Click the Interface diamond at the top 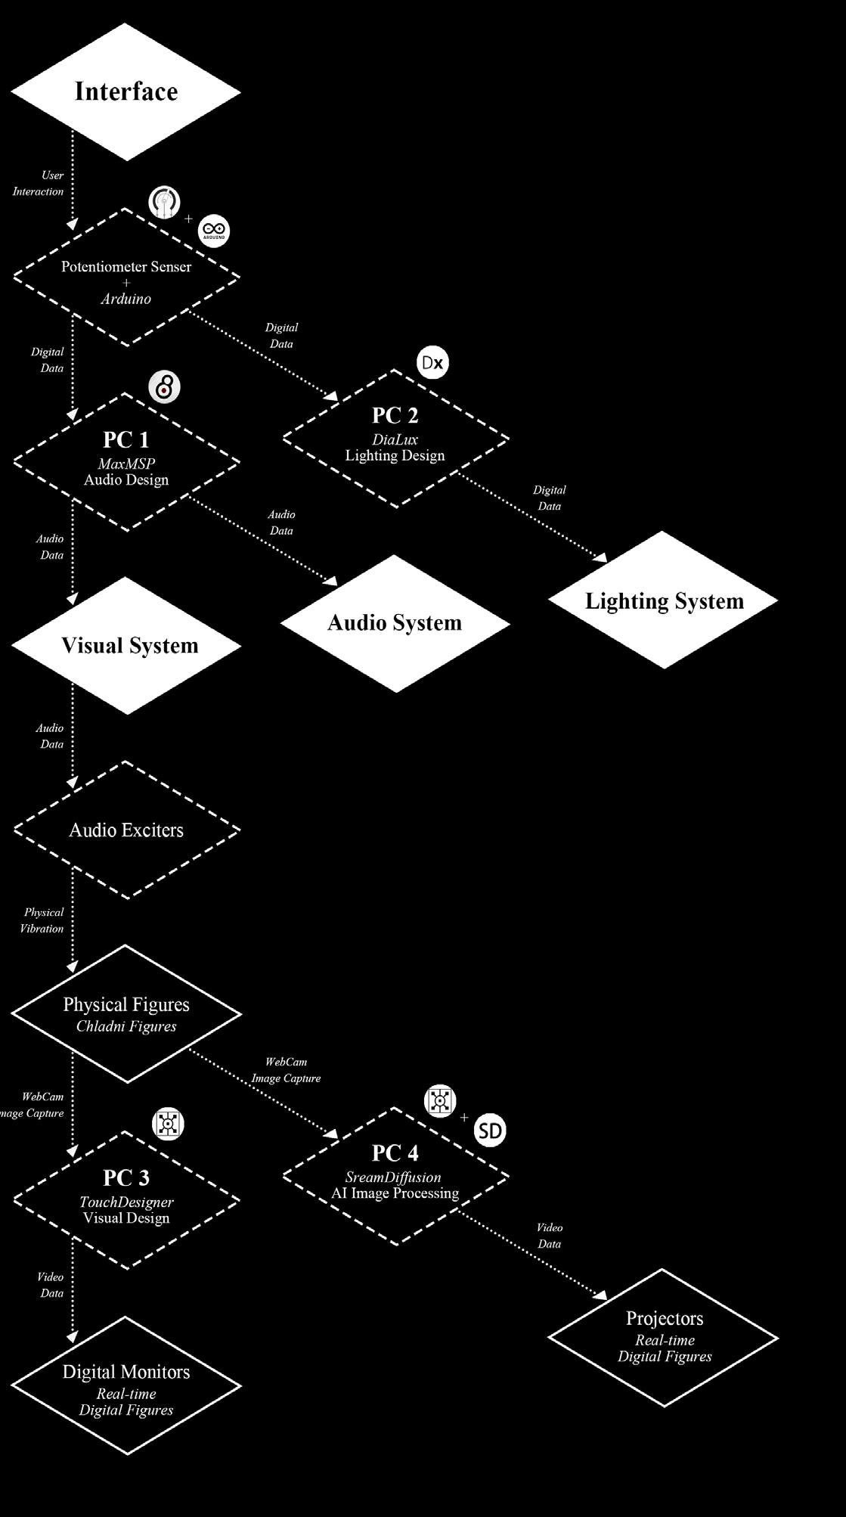(126, 92)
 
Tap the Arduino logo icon (214, 231)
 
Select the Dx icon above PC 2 (432, 363)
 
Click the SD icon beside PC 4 (490, 1131)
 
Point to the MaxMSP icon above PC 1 (164, 387)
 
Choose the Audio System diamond (395, 623)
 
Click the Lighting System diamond (664, 600)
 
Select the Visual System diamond (129, 646)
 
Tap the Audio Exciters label (126, 830)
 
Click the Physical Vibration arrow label (43, 920)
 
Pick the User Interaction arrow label (39, 183)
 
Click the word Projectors (665, 1318)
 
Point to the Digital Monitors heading (126, 1372)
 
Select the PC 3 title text (126, 1177)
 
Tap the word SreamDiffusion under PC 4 (393, 1177)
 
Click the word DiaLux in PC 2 (395, 439)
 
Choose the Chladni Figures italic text (126, 1026)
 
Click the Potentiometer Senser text (126, 267)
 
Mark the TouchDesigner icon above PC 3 (168, 1124)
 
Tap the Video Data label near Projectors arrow (550, 1236)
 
